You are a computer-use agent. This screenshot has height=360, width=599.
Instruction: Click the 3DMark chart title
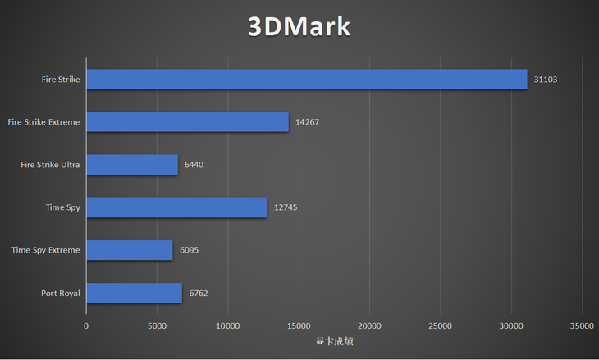tap(299, 26)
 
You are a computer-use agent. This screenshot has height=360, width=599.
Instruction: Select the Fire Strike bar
tap(306, 79)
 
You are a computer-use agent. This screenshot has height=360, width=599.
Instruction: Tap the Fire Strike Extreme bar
tap(187, 122)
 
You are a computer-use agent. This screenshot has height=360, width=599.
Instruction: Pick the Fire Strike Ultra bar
tap(131, 165)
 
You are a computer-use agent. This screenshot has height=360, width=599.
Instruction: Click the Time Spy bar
tap(176, 207)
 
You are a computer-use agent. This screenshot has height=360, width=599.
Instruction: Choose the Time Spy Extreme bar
tap(129, 250)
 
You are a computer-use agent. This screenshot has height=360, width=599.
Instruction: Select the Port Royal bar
tap(134, 293)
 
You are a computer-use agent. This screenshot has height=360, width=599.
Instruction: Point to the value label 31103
tap(546, 80)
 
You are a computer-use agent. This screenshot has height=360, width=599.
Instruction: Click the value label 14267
tap(307, 122)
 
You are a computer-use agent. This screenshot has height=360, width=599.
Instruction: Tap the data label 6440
tap(194, 165)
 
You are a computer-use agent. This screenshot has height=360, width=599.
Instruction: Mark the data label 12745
tap(286, 207)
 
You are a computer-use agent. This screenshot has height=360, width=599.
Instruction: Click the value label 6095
tap(189, 250)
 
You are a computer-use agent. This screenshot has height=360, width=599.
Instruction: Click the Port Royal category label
tap(60, 293)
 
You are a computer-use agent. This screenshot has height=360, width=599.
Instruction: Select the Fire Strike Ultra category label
tap(50, 165)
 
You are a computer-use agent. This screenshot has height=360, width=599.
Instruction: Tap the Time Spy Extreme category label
tap(46, 250)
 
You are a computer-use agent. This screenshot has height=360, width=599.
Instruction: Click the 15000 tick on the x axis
tap(299, 326)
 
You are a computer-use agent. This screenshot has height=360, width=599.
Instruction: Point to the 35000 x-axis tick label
tap(582, 326)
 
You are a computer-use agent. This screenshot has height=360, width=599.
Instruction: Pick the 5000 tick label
tap(157, 326)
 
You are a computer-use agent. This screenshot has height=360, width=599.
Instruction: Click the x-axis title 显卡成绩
tap(334, 341)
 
